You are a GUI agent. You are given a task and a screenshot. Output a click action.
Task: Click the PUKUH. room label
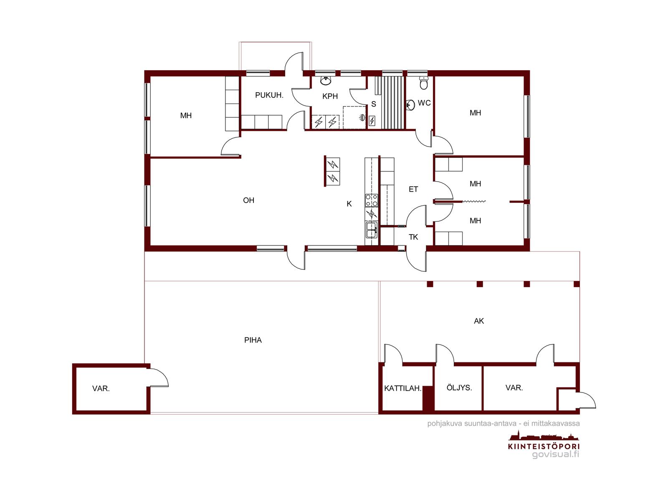point(269,95)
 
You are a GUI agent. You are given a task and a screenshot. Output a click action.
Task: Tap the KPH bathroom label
point(330,96)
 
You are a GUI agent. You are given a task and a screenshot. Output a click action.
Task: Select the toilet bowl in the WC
point(424,83)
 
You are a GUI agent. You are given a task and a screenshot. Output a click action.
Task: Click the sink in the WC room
point(410,105)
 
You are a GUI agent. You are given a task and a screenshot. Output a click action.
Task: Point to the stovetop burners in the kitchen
point(371,200)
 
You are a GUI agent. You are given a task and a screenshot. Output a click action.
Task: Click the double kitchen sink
point(371,230)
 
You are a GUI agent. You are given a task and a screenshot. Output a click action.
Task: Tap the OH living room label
point(248,200)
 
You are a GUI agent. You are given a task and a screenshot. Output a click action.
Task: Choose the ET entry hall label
point(413,189)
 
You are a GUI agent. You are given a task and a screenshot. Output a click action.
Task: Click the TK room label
point(413,237)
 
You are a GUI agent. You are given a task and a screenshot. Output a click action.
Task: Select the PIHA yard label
point(253,340)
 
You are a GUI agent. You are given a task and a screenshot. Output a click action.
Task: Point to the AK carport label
point(479,321)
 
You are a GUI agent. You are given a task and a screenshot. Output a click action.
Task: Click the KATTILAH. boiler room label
point(402,388)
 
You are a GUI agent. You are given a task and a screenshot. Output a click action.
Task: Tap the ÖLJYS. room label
point(459,387)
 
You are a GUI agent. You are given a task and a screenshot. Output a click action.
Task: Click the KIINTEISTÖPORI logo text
point(544,447)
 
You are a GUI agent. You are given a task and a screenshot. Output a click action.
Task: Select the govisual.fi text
point(555,455)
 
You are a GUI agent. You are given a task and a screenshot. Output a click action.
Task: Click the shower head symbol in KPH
point(362,118)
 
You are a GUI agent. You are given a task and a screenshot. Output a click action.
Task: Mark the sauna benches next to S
point(392,103)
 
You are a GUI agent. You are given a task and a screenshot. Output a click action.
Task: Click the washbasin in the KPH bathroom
point(326,81)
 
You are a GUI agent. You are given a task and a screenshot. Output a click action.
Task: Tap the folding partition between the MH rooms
point(474,201)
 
